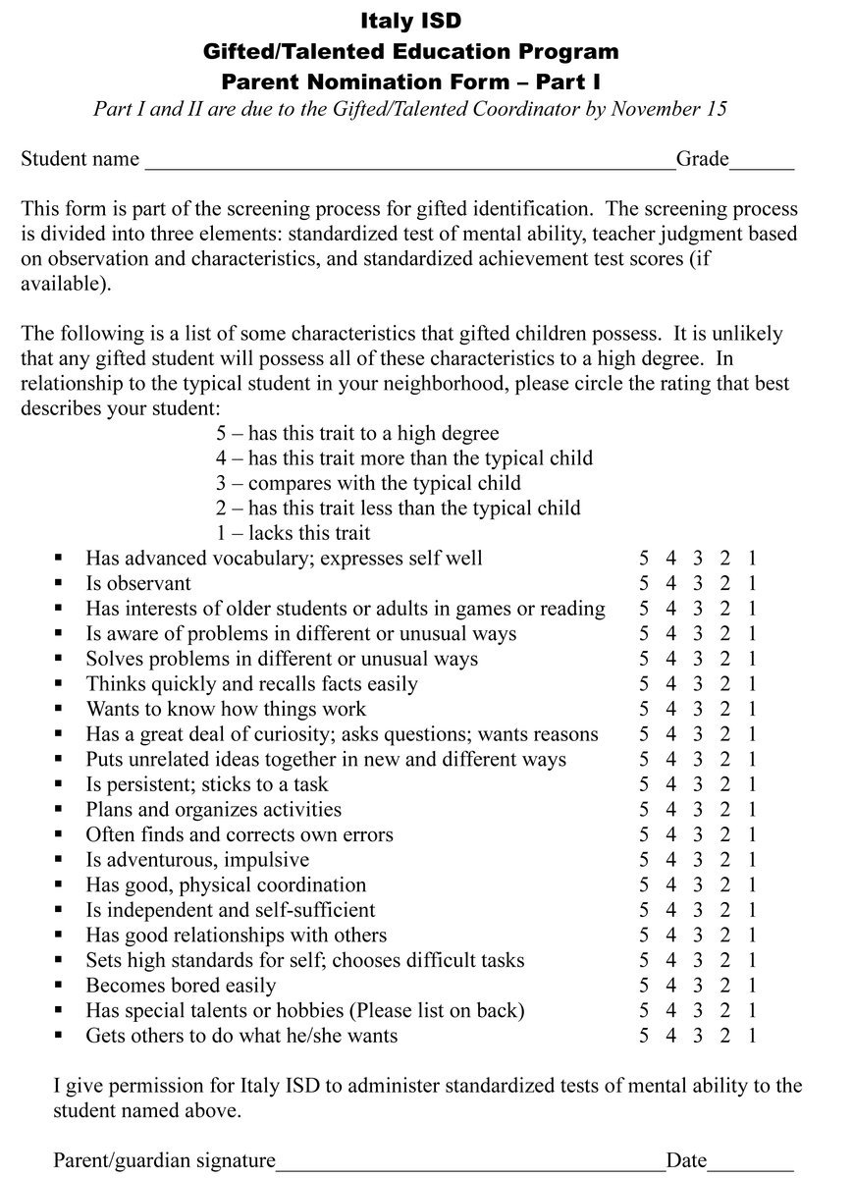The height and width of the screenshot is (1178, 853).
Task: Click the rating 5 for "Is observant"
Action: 644,583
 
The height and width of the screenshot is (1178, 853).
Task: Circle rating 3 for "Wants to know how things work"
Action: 698,709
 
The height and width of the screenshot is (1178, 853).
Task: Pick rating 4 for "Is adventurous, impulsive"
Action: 671,859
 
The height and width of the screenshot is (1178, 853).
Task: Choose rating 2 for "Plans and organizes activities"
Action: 725,809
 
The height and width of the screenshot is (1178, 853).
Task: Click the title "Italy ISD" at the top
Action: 410,21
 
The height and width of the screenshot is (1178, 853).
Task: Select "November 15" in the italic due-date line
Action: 668,108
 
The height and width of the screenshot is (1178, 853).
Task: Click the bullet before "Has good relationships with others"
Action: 59,935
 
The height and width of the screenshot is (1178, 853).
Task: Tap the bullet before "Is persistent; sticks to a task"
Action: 59,783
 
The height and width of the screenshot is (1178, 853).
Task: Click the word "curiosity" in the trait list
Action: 267,734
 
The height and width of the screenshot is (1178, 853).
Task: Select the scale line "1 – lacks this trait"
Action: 293,533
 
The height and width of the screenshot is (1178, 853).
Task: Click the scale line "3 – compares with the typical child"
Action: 368,483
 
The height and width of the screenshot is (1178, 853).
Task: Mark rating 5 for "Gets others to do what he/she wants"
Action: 644,1035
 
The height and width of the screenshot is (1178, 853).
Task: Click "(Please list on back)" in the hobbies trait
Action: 437,1010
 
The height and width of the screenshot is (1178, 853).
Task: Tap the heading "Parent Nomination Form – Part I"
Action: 410,81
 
